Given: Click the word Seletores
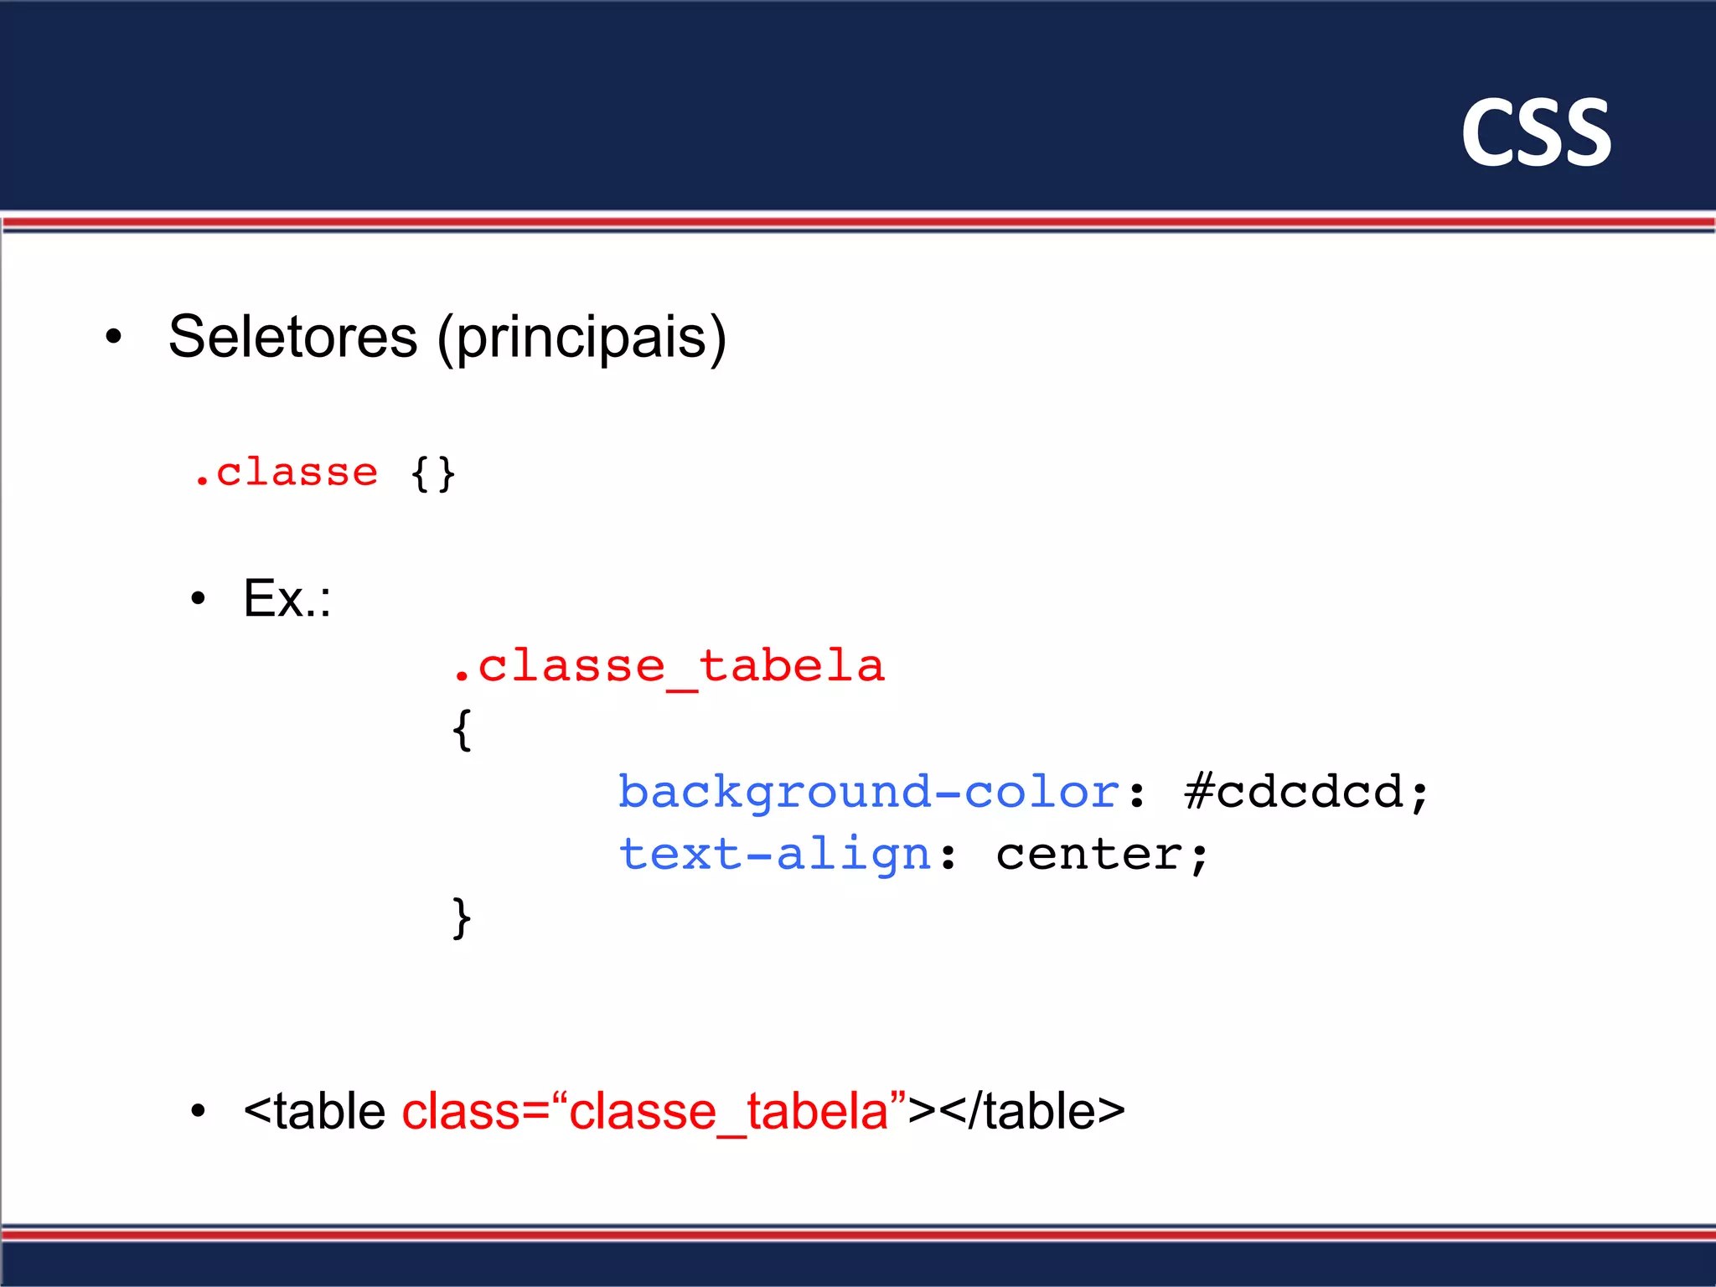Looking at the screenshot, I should click(x=292, y=337).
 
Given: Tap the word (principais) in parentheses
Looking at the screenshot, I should click(x=581, y=337).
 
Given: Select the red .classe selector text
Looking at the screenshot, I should click(x=286, y=473).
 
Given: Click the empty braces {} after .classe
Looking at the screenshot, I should click(x=432, y=474).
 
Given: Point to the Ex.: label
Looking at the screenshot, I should click(x=287, y=598).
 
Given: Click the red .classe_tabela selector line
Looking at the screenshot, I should click(x=668, y=667).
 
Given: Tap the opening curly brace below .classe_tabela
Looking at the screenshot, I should click(x=462, y=730).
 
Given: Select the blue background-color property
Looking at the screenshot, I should click(x=868, y=793).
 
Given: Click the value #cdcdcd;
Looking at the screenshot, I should click(x=1305, y=793).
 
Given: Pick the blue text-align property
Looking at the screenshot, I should click(x=774, y=855).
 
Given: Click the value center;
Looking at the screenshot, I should click(x=1101, y=855).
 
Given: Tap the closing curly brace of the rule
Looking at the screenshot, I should click(x=462, y=918).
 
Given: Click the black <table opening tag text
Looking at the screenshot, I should click(x=315, y=1112).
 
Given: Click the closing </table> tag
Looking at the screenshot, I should click(x=1031, y=1112).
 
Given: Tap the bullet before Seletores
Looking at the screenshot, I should click(x=114, y=338).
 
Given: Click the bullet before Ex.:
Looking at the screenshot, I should click(x=198, y=599).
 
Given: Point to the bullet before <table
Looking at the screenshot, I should click(x=198, y=1113).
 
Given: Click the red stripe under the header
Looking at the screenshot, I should click(x=858, y=222).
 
